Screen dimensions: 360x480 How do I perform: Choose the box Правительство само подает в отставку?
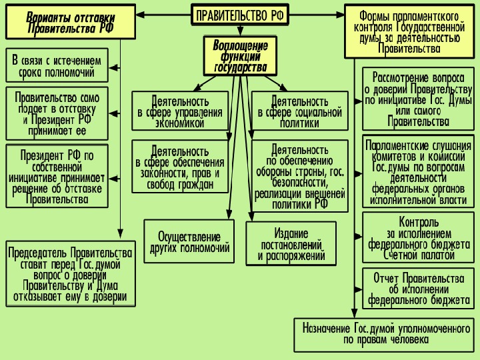(x=57, y=114)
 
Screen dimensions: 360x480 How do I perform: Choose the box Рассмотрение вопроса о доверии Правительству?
(x=418, y=99)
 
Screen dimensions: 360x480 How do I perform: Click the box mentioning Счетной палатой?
(x=418, y=237)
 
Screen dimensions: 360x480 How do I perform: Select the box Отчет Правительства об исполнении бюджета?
(x=418, y=289)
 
